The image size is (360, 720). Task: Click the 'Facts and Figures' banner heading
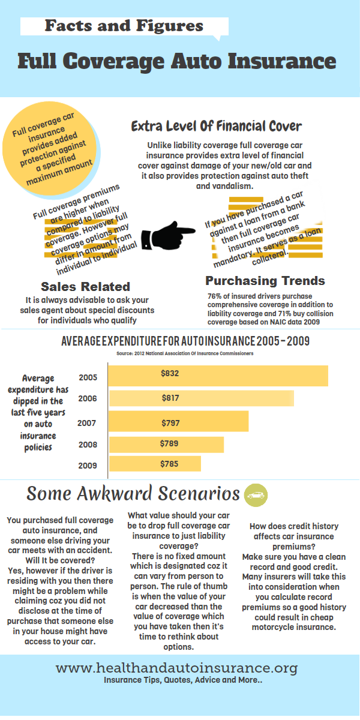pos(124,26)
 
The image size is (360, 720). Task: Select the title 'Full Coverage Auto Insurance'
pos(176,61)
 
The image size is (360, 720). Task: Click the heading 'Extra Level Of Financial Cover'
pos(216,127)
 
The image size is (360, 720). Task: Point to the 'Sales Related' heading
pos(85,286)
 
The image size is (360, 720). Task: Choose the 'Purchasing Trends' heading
pos(265,280)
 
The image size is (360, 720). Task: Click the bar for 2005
pos(218,375)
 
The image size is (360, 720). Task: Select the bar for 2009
pos(154,464)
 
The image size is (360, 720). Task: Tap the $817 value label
pos(170,397)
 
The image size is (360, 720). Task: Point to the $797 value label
pos(170,424)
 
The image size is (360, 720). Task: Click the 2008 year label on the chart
pos(87,445)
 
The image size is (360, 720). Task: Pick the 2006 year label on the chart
pos(87,398)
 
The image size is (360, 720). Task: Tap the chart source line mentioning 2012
pos(185,353)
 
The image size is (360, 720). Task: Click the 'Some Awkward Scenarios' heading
pos(133,493)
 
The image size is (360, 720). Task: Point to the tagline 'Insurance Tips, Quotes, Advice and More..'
pos(183,680)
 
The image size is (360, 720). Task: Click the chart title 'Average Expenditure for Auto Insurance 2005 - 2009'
pos(185,342)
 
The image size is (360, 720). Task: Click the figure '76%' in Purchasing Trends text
pos(214,296)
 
